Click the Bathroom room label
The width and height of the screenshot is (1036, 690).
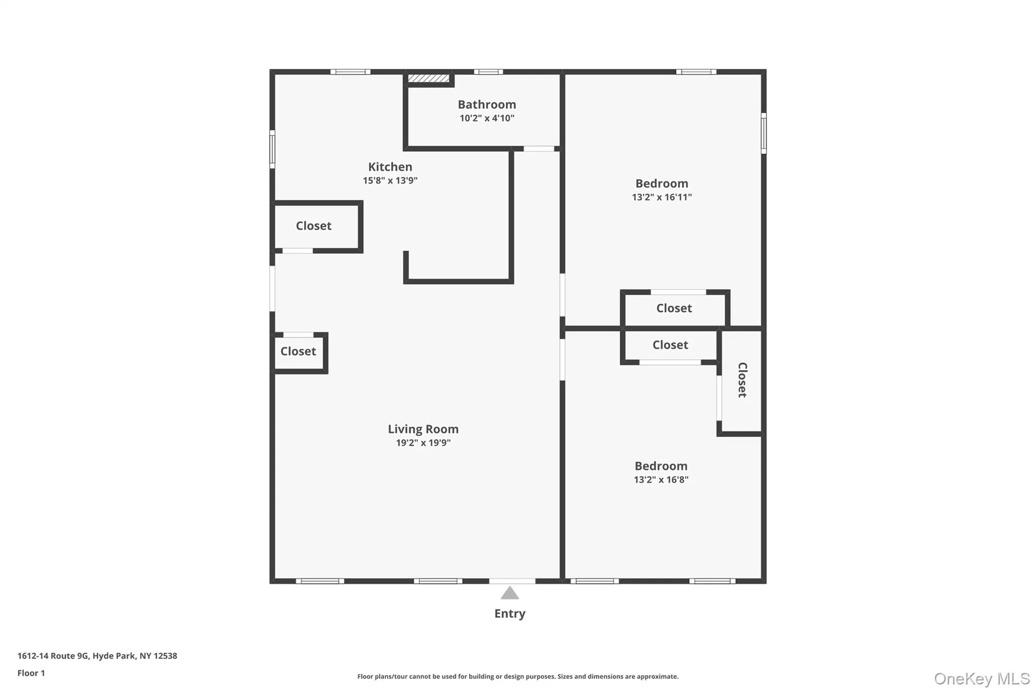point(487,105)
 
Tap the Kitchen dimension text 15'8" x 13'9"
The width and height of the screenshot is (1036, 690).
point(390,180)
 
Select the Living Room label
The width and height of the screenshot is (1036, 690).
point(423,429)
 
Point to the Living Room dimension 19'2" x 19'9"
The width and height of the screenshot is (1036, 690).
point(423,443)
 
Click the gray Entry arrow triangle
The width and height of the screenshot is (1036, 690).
point(509,593)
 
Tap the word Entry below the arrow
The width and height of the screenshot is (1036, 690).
point(509,614)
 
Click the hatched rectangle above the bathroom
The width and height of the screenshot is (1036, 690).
point(428,78)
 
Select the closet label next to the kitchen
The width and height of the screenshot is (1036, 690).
point(314,226)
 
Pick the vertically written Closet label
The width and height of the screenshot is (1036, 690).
point(742,380)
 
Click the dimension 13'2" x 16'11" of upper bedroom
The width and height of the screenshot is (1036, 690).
point(662,197)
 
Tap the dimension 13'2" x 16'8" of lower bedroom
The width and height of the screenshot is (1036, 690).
point(661,480)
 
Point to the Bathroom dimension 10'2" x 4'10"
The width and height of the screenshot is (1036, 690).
point(487,118)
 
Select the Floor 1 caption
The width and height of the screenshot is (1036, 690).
point(31,673)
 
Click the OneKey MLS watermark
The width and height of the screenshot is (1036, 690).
point(981,678)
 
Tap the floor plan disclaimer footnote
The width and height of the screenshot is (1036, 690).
point(517,676)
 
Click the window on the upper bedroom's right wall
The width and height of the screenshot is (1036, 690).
point(763,133)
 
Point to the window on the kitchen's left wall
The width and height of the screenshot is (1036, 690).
point(272,149)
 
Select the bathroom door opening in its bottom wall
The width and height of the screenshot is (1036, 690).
point(539,149)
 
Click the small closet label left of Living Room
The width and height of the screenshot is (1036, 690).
point(298,351)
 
